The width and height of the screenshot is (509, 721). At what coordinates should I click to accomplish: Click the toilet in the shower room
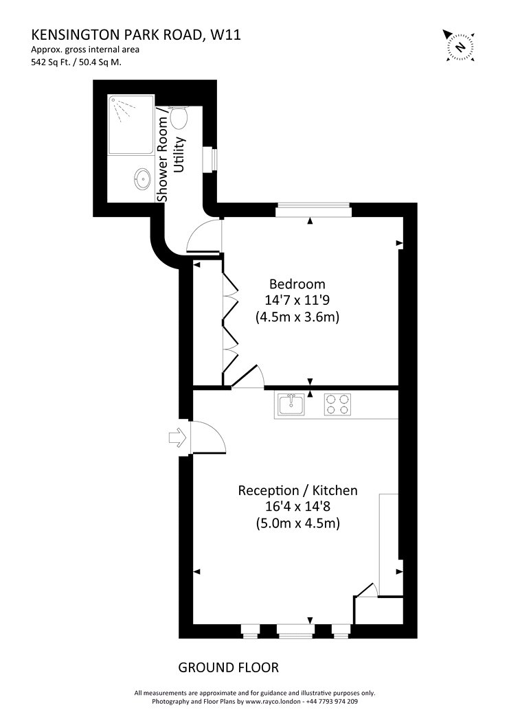179,117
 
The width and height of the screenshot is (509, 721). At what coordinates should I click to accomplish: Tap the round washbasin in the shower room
143,178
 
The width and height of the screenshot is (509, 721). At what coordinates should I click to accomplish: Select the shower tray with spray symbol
131,124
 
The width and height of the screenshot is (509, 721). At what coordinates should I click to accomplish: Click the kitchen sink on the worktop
291,404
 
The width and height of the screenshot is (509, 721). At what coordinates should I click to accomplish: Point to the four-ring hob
337,404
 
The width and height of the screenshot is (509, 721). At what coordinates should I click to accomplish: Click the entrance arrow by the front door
177,438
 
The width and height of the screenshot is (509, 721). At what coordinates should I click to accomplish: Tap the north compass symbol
460,45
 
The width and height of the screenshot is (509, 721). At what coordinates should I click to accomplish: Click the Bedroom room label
297,284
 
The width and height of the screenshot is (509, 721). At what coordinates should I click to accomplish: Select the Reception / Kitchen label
297,491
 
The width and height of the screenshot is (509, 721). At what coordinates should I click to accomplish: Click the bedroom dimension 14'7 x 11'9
297,300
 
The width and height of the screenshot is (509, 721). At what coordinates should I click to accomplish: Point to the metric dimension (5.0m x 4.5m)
297,523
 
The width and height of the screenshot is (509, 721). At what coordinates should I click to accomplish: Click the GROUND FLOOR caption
229,667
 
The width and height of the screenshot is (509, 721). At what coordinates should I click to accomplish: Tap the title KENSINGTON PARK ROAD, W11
136,35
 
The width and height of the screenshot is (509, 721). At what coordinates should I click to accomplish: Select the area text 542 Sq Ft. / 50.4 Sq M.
76,62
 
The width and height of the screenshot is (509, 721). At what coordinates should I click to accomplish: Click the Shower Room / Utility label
171,158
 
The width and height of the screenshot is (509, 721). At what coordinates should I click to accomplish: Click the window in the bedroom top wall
314,209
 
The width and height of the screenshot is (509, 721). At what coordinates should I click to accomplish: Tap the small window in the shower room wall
210,159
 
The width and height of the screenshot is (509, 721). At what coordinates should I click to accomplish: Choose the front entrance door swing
208,438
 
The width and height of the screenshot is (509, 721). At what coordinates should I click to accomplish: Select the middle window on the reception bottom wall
296,631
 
